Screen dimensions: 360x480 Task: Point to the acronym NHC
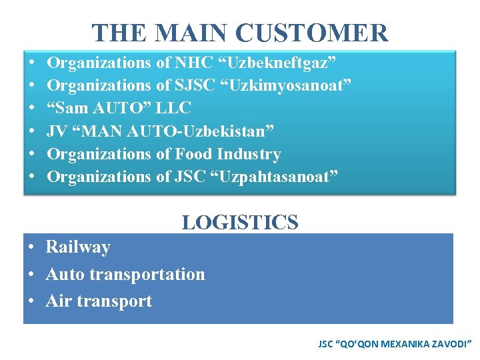[193, 63]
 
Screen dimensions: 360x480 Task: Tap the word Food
[194, 154]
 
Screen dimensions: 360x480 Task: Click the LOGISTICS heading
[240, 222]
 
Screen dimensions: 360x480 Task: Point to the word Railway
[78, 247]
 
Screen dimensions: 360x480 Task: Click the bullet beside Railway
[32, 248]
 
